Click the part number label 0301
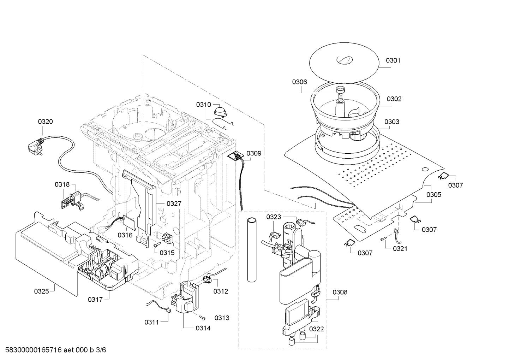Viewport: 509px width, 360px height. (x=393, y=60)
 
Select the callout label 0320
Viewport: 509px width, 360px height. (x=45, y=122)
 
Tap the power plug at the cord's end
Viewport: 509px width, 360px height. (x=36, y=146)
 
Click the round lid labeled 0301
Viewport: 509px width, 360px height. (x=344, y=63)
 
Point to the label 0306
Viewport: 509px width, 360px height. (x=299, y=82)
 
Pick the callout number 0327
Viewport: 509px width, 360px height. (x=174, y=203)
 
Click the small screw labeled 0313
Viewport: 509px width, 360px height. (x=202, y=317)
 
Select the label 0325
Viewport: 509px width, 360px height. (x=41, y=291)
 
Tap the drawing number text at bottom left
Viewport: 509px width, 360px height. (x=55, y=349)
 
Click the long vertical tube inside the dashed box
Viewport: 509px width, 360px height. (x=252, y=250)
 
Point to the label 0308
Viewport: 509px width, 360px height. (x=340, y=292)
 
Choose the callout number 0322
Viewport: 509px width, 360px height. (x=316, y=329)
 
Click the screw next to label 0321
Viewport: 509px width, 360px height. (x=383, y=239)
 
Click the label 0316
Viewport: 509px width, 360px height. (x=125, y=235)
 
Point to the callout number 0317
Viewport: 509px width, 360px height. (x=95, y=300)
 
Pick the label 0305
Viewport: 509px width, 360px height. (x=434, y=194)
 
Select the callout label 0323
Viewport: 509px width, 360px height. (x=274, y=217)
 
